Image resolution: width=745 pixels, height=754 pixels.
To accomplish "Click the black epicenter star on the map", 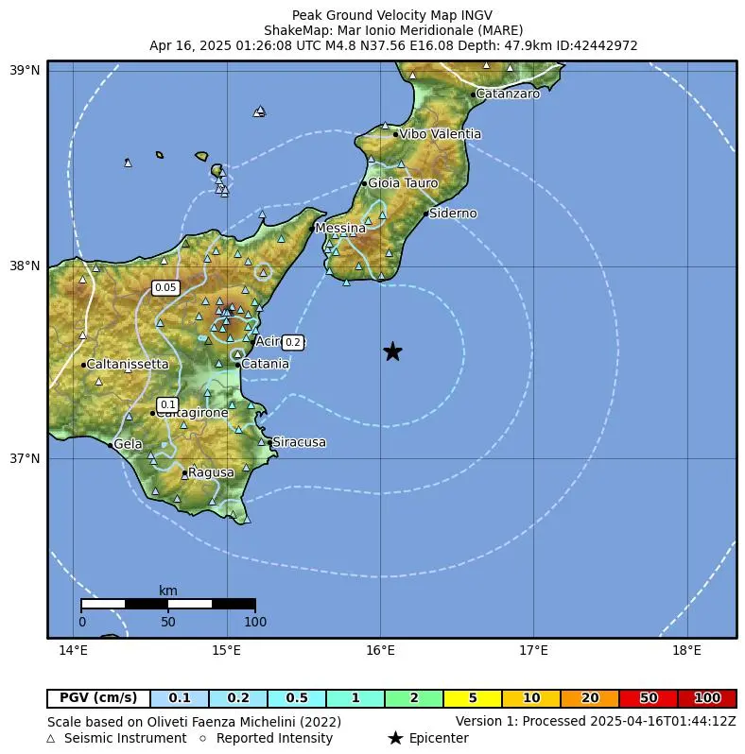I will [x=392, y=351].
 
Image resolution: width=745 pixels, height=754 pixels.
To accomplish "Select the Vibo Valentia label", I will [x=440, y=134].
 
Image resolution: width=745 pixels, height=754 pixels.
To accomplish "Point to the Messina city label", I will [x=340, y=228].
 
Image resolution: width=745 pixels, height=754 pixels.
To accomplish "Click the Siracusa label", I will [x=299, y=442].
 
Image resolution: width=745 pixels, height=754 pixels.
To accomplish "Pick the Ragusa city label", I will [x=211, y=472].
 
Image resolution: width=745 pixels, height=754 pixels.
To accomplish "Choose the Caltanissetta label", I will [x=127, y=364].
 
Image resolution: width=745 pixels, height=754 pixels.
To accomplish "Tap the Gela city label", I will [x=128, y=444].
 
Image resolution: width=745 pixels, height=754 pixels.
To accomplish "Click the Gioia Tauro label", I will [x=403, y=183].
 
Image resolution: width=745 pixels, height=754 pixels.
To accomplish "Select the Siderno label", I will [x=453, y=214].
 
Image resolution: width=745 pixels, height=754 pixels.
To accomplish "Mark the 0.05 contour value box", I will [x=165, y=287].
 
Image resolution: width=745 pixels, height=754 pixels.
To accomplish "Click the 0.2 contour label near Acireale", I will [x=293, y=342].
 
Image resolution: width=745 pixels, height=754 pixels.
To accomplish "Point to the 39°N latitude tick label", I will [x=25, y=71].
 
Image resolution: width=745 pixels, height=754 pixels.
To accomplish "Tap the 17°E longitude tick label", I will [x=533, y=650].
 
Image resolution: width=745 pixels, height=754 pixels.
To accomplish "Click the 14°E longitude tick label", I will [x=73, y=650].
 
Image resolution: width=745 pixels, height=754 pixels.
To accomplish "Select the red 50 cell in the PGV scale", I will [x=649, y=698].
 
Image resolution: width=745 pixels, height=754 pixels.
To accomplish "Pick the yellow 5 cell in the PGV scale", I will [x=473, y=698].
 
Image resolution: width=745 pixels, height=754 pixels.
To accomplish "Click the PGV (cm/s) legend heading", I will [x=98, y=698].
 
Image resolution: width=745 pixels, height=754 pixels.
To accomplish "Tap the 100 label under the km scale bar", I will [x=255, y=622].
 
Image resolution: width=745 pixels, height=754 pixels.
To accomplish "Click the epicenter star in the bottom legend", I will [x=395, y=738].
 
